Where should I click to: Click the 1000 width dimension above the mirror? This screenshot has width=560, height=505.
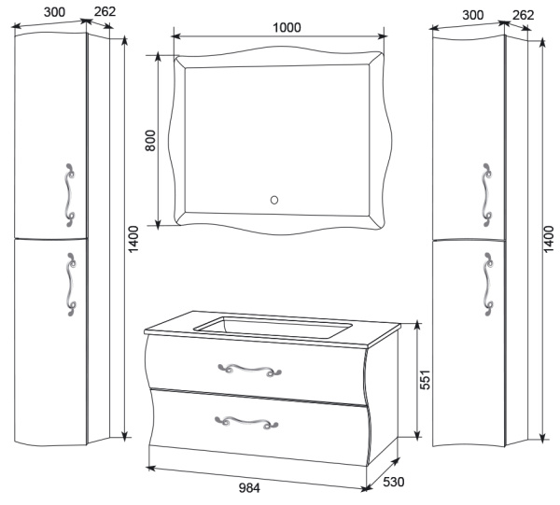(287, 27)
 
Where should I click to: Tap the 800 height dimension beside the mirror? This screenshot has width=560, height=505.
(150, 140)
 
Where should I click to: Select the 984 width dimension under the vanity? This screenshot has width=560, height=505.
(249, 487)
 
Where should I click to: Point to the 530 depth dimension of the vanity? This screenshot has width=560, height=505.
(394, 482)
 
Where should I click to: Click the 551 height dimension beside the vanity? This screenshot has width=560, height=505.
(425, 380)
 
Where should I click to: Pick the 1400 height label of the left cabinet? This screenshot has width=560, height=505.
(133, 239)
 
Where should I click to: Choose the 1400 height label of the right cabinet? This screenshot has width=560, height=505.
(548, 239)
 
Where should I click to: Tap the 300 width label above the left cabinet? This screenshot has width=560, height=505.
(55, 12)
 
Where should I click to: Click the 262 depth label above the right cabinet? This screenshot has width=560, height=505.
(524, 15)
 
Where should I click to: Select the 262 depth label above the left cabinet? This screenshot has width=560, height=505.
(105, 11)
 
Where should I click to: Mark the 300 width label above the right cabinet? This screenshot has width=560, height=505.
(473, 15)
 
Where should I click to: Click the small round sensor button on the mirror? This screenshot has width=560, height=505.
(274, 200)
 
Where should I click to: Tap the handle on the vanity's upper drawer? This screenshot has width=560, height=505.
(249, 370)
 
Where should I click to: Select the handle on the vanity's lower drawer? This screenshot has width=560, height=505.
(246, 422)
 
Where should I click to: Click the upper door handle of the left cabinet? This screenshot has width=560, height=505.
(70, 195)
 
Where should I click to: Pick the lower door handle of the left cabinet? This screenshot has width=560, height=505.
(71, 285)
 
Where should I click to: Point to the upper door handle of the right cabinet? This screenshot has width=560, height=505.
(487, 195)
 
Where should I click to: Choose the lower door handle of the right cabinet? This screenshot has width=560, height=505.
(488, 285)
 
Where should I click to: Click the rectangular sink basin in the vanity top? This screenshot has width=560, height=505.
(273, 328)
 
